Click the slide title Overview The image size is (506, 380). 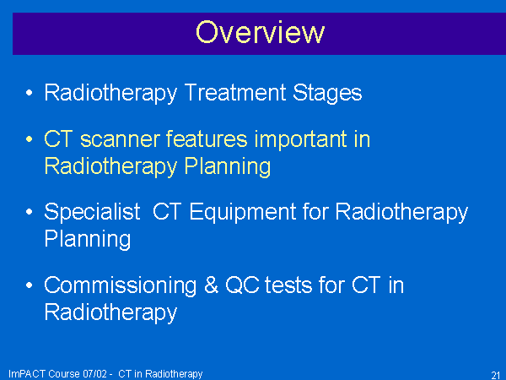pos(260,32)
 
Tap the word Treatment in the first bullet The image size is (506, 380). pos(235,92)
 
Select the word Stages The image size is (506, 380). pos(327,94)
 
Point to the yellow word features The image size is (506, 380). pos(207,139)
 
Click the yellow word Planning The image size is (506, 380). pos(228,167)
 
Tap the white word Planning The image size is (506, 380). pos(88,240)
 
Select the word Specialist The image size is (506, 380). pos(92,212)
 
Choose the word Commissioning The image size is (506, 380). pos(121,286)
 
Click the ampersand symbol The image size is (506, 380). pos(211,285)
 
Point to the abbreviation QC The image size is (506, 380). pos(242,285)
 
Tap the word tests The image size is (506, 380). pos(288,285)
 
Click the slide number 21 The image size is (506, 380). pos(496,375)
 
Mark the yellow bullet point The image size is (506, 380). pos(29,139)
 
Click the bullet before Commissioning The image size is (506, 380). pos(29,285)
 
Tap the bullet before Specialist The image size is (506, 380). pos(29,212)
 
